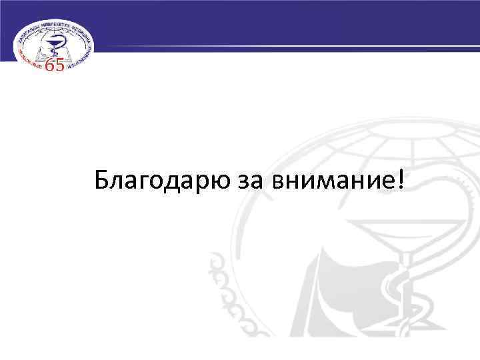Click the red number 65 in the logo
click(x=55, y=65)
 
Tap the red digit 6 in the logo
click(x=50, y=65)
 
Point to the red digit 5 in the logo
click(x=59, y=65)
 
